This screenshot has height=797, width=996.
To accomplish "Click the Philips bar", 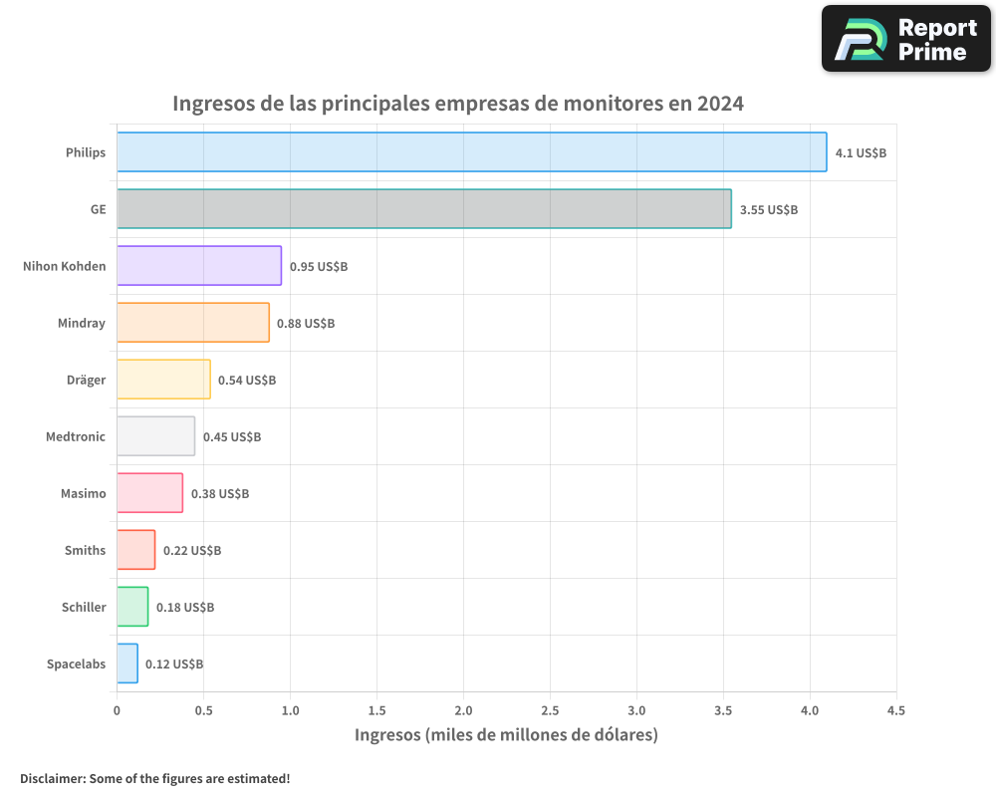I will [471, 152].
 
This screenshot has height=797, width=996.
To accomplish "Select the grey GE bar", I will [423, 209].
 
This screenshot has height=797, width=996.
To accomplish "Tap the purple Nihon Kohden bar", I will [199, 266].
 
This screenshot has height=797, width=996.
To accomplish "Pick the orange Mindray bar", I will [192, 323].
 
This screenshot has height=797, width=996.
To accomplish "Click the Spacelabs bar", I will [127, 664].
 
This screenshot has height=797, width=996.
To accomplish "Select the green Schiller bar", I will [132, 607].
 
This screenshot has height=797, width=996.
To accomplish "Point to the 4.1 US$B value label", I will [861, 153].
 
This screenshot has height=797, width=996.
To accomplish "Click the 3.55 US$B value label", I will [768, 210].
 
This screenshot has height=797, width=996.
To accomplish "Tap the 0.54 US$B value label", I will [247, 381].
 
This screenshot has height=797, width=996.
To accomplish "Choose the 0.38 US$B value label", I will [220, 494].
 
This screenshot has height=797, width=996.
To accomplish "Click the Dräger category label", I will [86, 380].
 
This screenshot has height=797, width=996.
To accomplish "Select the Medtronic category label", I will [76, 436].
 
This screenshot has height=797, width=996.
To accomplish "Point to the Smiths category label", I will [85, 550].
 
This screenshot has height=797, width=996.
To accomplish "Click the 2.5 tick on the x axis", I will [550, 711].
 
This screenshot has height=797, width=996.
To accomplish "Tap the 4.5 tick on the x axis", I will [895, 711].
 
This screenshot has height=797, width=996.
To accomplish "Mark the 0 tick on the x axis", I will [117, 711].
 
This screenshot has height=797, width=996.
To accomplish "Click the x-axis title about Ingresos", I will [506, 735].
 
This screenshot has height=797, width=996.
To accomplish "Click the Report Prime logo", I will [906, 39].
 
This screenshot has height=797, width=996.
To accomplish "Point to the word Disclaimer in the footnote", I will [52, 778].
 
